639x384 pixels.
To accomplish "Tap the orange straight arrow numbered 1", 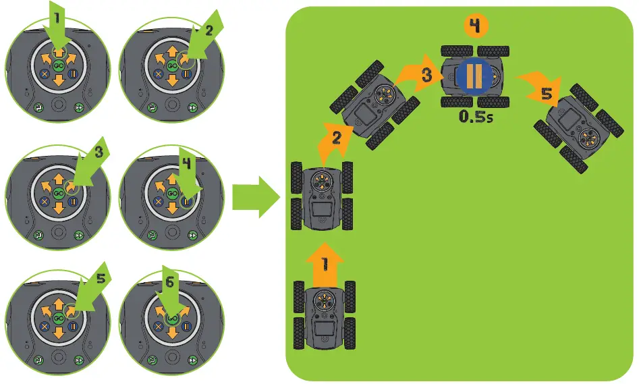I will pyautogui.click(x=325, y=262).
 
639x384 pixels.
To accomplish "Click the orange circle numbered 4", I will pyautogui.click(x=475, y=26).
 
